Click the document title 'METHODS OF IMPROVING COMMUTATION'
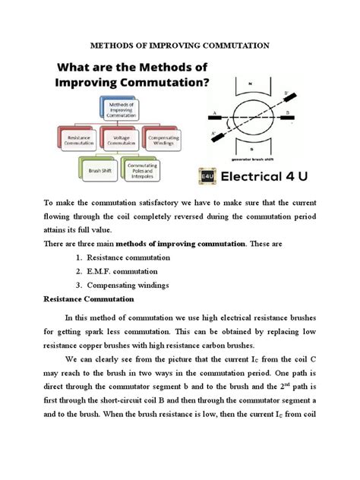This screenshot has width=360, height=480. coord(180,46)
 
